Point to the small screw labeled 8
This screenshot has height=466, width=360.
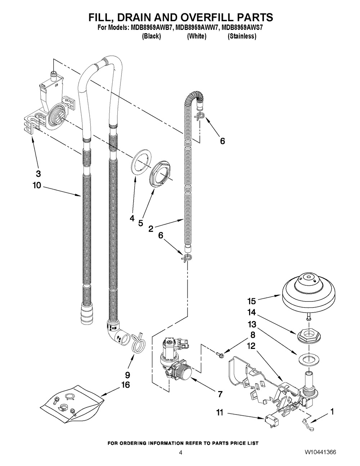coord(221,355)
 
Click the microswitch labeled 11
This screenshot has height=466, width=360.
coord(269,420)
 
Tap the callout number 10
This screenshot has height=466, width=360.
coord(38,185)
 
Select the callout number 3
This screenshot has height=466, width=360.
coord(38,174)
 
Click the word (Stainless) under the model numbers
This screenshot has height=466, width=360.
coord(242,36)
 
